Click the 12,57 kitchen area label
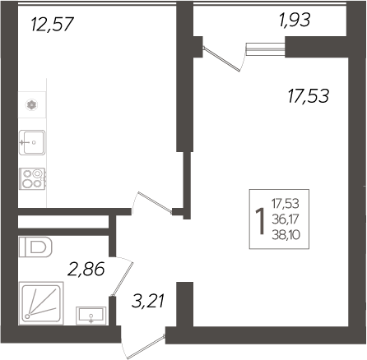[x=52, y=25]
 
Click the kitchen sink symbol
[x=32, y=141]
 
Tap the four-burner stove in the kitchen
[x=32, y=178]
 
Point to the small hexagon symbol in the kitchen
[x=31, y=104]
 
